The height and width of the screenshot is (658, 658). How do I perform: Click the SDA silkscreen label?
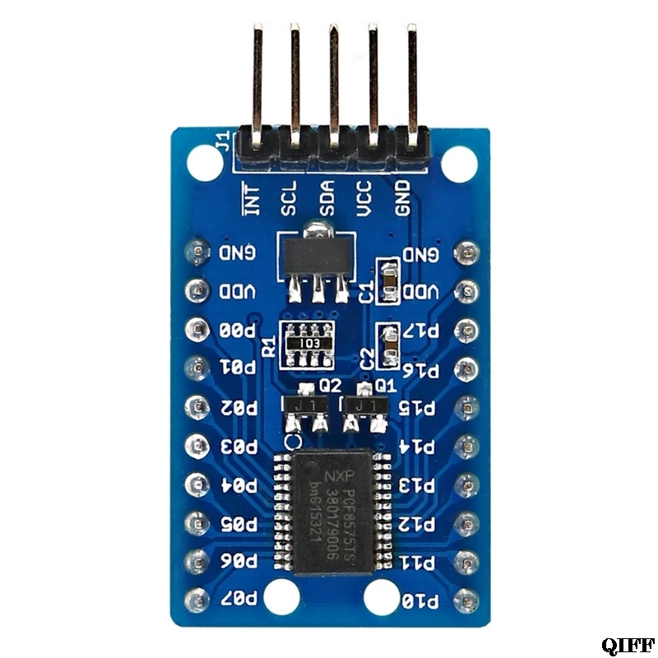[326, 197]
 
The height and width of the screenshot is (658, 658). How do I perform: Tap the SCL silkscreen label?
[288, 198]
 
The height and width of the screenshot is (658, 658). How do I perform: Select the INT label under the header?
[252, 198]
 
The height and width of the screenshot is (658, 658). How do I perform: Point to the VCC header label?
[364, 197]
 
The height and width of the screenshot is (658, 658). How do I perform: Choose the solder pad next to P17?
[466, 329]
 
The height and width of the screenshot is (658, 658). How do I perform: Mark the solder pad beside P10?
[466, 598]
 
